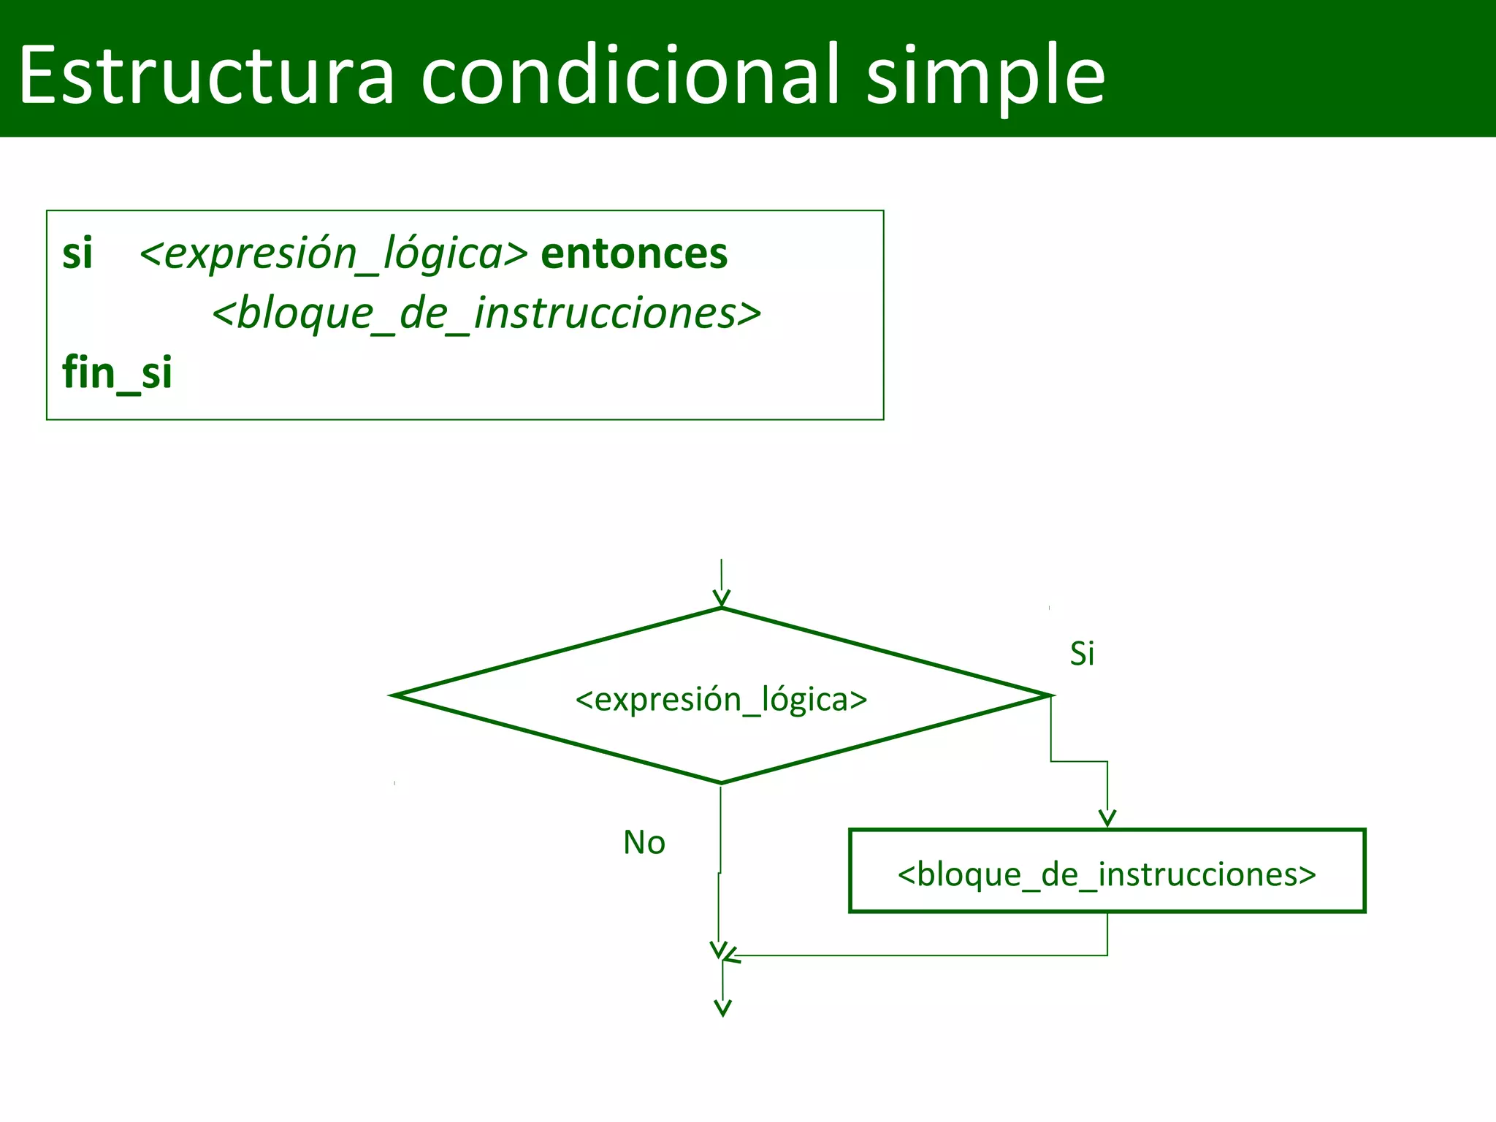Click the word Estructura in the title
click(x=207, y=75)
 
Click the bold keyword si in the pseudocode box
click(x=77, y=254)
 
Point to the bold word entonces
click(x=634, y=254)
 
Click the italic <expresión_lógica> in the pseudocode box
click(x=333, y=254)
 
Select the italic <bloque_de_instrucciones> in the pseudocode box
click(x=486, y=314)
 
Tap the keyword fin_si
click(x=117, y=373)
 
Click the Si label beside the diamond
click(x=1082, y=654)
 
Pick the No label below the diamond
click(x=644, y=843)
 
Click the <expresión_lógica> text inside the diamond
click(x=721, y=700)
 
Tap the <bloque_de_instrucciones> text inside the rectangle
click(x=1107, y=874)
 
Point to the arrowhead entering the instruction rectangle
click(x=1107, y=819)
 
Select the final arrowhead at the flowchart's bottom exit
click(x=722, y=1009)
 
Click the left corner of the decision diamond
click(x=395, y=695)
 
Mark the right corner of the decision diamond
click(x=1050, y=695)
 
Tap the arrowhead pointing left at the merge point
click(x=732, y=956)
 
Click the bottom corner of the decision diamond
click(x=722, y=782)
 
